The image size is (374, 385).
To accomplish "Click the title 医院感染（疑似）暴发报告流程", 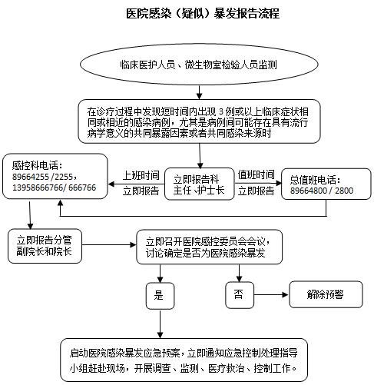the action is click(203, 13).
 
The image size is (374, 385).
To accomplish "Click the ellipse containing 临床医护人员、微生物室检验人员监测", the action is click(199, 65).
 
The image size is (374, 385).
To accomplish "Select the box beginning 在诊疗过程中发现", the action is click(199, 121).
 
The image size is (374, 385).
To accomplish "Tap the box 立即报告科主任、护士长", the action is click(199, 184).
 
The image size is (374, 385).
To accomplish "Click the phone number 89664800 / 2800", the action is click(322, 191).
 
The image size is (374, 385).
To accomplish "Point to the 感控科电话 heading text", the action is click(37, 165).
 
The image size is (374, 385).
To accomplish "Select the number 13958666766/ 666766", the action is click(54, 188).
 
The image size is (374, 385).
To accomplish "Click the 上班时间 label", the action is click(141, 175).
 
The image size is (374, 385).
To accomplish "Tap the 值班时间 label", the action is click(256, 174).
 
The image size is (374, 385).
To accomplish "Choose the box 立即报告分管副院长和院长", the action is click(45, 246).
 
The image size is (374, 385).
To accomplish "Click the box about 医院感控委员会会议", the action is click(209, 247).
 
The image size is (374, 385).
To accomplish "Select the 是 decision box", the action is click(160, 296).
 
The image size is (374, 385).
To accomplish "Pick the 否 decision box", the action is click(240, 295).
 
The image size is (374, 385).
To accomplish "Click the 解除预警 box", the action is click(326, 294).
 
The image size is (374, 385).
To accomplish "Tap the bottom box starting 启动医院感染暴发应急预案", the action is click(184, 360).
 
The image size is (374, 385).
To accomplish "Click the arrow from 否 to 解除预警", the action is click(271, 294).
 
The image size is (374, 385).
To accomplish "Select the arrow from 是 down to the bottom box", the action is click(160, 324).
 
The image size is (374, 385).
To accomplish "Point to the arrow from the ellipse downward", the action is click(199, 92).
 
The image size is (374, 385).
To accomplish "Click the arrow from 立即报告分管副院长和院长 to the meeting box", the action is click(109, 245).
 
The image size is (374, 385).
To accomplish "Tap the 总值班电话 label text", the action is click(316, 180).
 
